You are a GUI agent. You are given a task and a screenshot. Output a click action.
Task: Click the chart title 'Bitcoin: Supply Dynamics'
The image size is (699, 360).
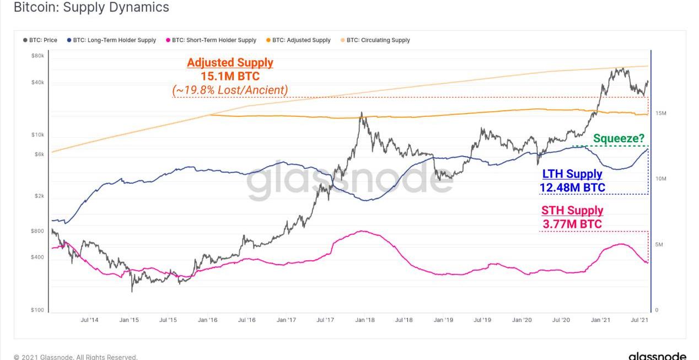coord(91,8)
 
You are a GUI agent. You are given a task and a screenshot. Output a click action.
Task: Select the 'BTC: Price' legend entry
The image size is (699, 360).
coord(40,40)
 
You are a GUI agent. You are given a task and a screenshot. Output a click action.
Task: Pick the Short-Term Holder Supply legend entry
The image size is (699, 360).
coord(211,40)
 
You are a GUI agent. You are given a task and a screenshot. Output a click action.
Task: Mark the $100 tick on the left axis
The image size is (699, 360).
coord(37,310)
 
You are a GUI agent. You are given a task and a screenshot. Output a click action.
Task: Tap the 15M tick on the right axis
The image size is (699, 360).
coord(661,114)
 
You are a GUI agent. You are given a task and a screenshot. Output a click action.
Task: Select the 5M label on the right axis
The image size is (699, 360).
coord(659,245)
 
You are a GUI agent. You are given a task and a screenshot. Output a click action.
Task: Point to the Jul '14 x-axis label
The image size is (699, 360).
coord(89,320)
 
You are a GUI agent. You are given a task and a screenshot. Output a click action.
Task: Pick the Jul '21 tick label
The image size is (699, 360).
coord(639,320)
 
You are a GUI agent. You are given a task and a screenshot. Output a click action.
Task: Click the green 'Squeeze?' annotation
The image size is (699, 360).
coord(619,138)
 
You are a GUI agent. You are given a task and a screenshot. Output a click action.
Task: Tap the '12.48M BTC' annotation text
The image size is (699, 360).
coord(572,187)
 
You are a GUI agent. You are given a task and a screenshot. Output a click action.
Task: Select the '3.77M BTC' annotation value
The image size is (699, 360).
coord(572,224)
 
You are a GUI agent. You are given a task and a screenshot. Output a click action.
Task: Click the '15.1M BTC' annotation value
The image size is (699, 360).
coord(230,76)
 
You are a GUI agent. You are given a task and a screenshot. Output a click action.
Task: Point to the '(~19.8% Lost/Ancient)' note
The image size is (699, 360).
coord(230,90)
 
